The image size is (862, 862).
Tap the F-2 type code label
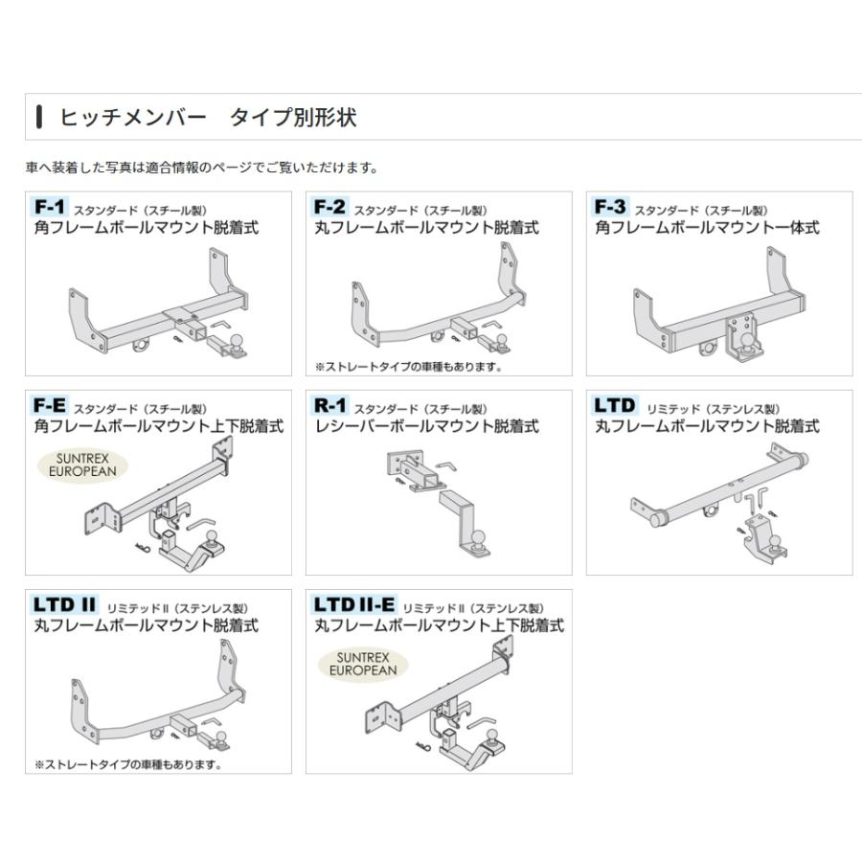(329, 208)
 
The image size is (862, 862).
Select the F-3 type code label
(610, 208)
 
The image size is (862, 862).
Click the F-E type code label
(51, 405)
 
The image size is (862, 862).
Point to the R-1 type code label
(329, 405)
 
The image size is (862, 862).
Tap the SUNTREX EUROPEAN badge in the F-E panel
(80, 465)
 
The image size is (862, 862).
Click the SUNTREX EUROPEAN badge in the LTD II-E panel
(362, 664)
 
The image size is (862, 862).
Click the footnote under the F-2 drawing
(408, 366)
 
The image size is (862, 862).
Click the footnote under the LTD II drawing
(127, 764)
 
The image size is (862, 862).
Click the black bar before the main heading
(38, 118)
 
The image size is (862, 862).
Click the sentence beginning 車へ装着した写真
(201, 168)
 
